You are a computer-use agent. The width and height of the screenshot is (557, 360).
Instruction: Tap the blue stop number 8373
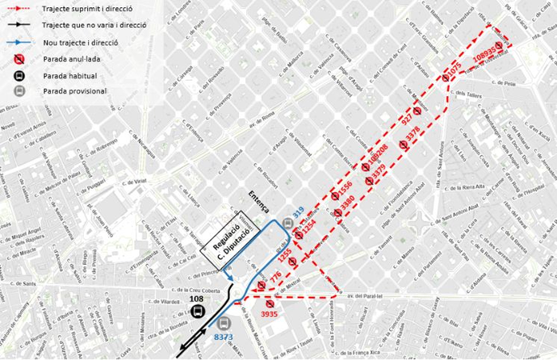(224, 338)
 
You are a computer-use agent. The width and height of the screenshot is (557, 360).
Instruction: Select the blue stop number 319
(298, 212)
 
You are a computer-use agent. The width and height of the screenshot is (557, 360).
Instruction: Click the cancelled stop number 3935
(269, 313)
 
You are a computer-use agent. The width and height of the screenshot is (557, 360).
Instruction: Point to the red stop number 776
(274, 277)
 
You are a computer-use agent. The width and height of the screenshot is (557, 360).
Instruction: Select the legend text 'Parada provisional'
(76, 90)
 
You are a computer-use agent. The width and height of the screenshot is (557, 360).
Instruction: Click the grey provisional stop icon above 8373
(224, 324)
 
